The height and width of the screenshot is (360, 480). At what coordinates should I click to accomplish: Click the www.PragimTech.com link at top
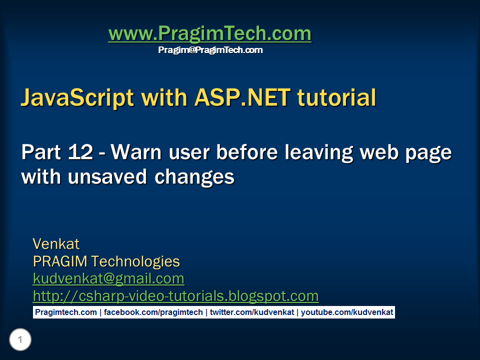(x=210, y=33)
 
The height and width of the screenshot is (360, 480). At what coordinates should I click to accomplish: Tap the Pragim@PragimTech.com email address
(x=210, y=50)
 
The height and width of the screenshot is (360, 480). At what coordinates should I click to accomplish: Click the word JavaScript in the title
(x=77, y=98)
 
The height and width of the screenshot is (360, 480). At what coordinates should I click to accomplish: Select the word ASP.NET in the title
(x=242, y=97)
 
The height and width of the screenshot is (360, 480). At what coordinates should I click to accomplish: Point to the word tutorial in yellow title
(x=336, y=97)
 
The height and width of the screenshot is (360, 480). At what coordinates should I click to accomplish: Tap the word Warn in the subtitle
(x=136, y=152)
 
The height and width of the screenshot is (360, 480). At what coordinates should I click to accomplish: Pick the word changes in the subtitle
(x=194, y=177)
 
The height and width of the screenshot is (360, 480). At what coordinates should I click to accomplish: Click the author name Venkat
(x=56, y=244)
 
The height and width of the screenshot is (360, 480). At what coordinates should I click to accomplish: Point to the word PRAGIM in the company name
(x=60, y=261)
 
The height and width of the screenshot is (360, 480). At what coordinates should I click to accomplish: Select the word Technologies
(x=135, y=262)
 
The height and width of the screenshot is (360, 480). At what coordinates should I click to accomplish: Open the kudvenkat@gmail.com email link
(x=108, y=279)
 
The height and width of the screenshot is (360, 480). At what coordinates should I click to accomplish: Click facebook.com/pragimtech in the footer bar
(x=153, y=312)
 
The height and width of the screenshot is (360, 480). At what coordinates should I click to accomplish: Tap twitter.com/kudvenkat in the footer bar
(x=252, y=312)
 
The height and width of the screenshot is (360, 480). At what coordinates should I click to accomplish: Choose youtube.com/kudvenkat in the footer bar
(x=347, y=312)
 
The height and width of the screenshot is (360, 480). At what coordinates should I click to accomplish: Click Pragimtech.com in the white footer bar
(x=66, y=312)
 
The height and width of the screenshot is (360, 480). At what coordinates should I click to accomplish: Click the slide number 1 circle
(x=20, y=339)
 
